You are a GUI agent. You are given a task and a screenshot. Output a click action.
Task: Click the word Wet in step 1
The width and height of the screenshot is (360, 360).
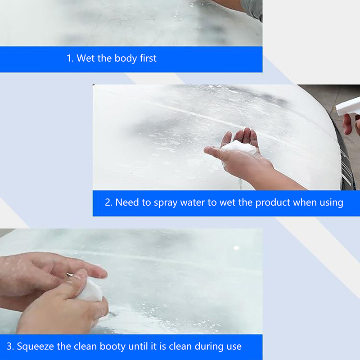click(x=85, y=58)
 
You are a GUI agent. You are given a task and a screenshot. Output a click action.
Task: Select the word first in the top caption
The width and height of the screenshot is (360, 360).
click(x=148, y=58)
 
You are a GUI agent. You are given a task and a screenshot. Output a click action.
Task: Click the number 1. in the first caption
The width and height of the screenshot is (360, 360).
click(x=70, y=58)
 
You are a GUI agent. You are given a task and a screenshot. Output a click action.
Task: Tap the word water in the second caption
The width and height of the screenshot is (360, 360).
click(x=193, y=202)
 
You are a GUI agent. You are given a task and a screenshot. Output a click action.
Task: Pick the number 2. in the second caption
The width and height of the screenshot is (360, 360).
click(x=108, y=202)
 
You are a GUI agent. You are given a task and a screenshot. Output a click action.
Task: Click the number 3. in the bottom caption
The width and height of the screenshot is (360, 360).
click(x=10, y=346)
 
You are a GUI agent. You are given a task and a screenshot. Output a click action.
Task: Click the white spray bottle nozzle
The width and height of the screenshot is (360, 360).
click(x=347, y=106)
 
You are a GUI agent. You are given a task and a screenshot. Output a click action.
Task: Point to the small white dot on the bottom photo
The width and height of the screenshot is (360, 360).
click(x=236, y=248)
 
